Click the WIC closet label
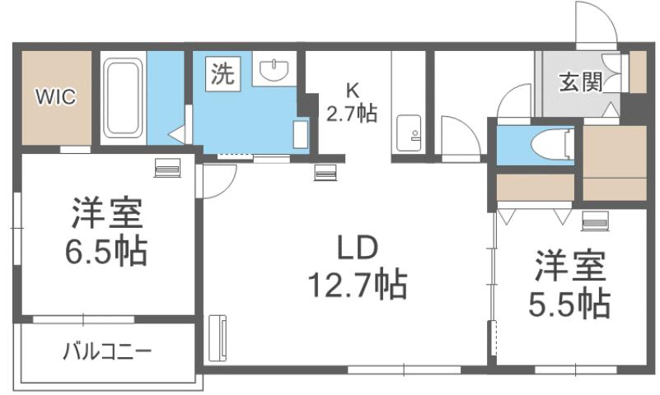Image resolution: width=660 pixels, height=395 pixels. tap(55, 97)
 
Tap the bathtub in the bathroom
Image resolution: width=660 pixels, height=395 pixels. tap(124, 99)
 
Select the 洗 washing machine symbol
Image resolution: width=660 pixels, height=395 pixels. tap(222, 75)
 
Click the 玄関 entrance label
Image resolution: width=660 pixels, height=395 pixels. tap(581, 81)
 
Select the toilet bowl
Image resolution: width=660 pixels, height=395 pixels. tap(552, 146)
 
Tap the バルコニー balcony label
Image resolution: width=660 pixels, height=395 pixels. tap(107, 352)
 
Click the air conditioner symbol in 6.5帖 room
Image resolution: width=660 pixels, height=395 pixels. tap(166, 168)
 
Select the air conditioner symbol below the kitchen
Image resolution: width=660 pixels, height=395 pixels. tap(325, 172)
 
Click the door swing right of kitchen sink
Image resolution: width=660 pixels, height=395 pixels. tap(458, 133)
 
